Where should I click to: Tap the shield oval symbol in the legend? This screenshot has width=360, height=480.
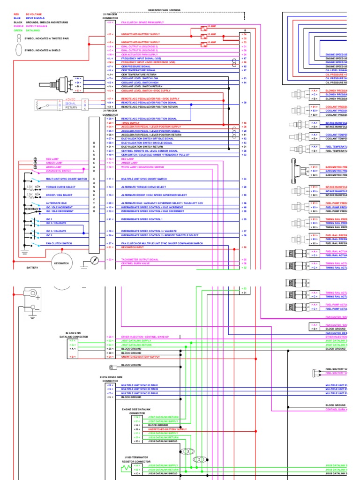[x=18, y=50]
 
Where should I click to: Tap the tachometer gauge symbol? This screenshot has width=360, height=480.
[x=94, y=260]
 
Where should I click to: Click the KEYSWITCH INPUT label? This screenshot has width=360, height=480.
[x=132, y=247]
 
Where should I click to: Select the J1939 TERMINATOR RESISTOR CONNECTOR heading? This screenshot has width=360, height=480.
[x=136, y=459]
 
